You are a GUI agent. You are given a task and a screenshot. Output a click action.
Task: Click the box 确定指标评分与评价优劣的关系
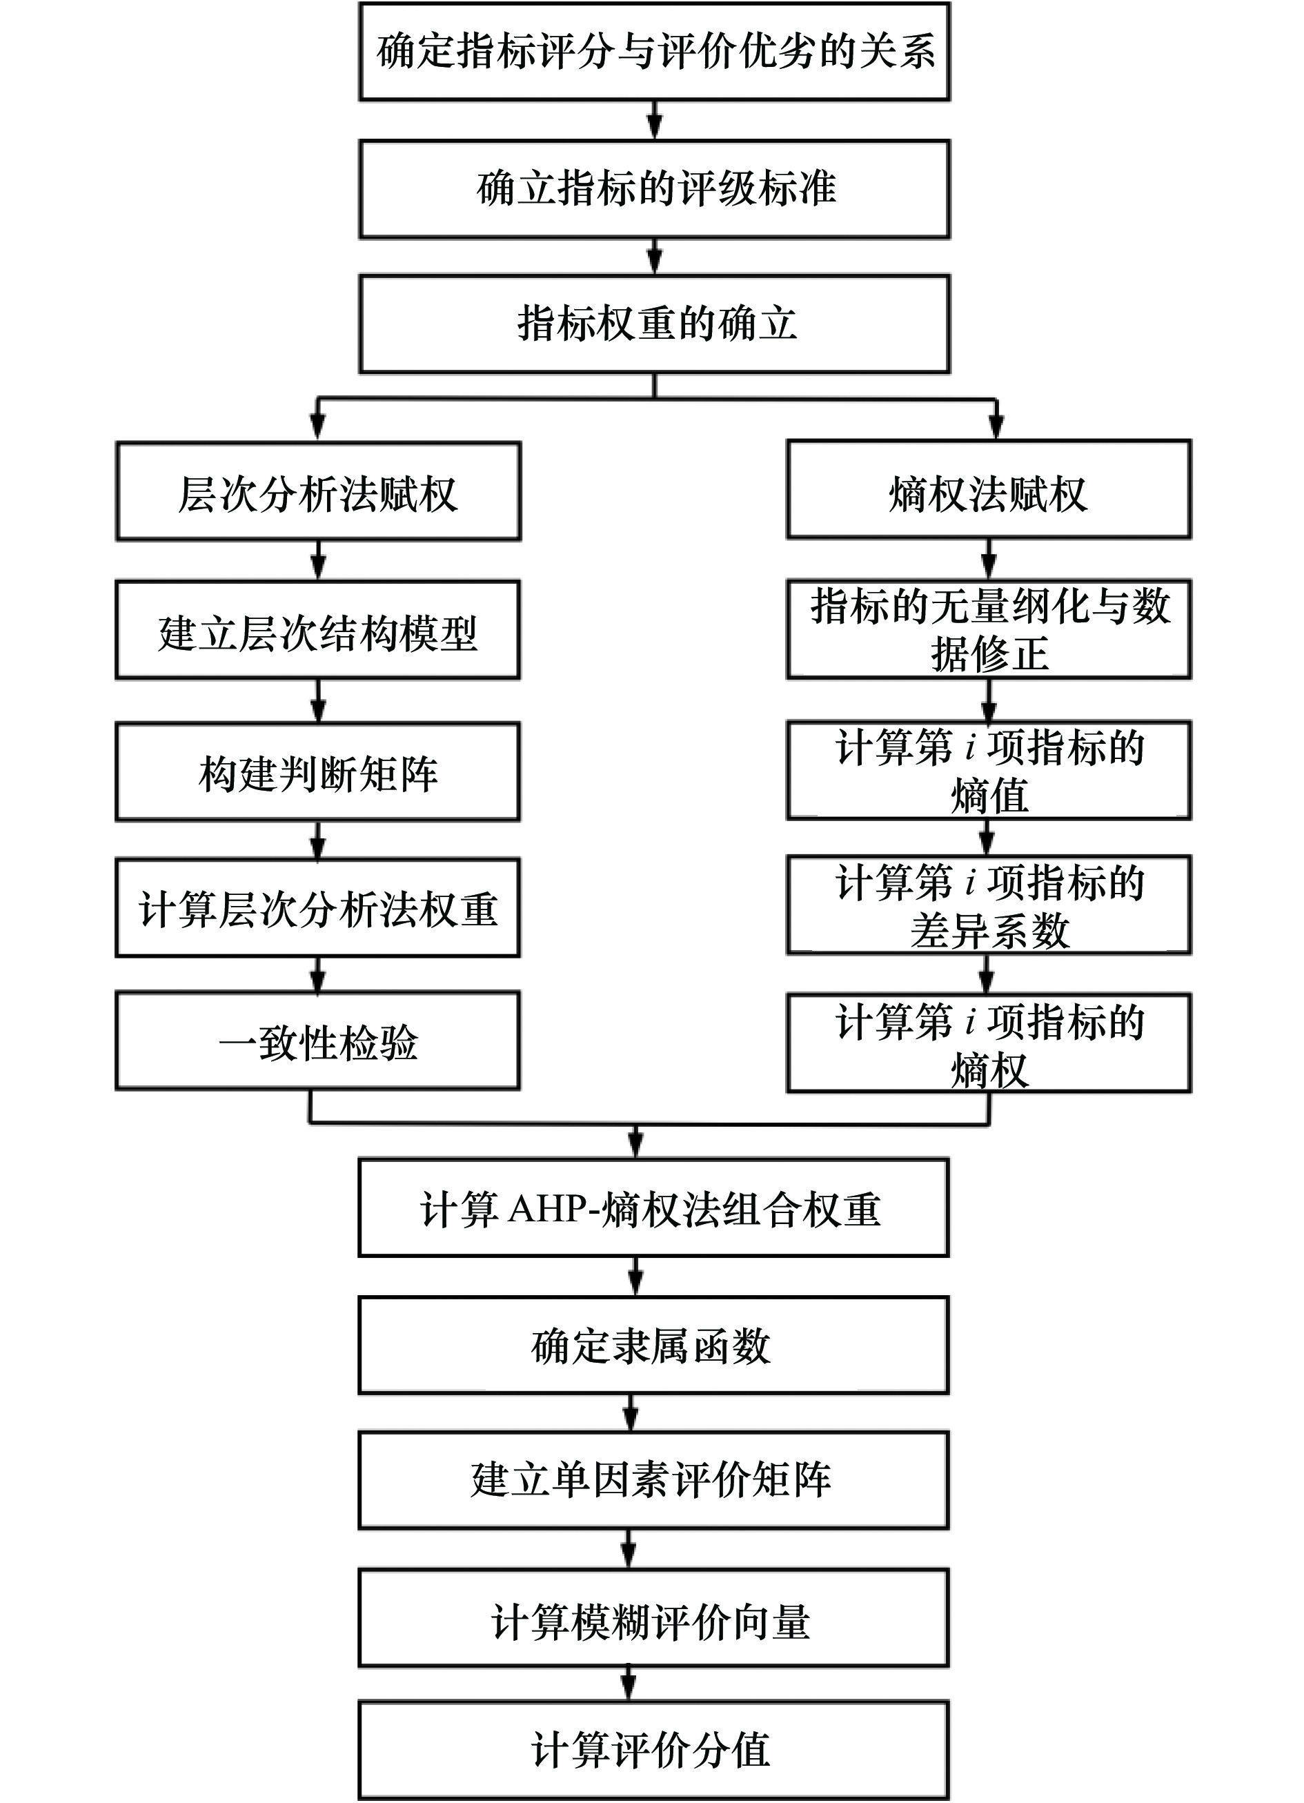[654, 52]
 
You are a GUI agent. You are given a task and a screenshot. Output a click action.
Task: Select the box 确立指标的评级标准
[654, 189]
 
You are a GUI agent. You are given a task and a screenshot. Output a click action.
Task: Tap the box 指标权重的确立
[654, 324]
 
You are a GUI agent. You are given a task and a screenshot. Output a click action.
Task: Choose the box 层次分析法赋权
[318, 492]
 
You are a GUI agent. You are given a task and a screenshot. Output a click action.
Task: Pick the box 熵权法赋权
[988, 490]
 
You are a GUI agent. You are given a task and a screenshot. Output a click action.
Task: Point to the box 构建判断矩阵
[318, 772]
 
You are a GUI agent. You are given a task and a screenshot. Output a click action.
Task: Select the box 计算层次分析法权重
[318, 908]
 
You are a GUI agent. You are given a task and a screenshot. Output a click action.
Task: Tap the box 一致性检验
[318, 1041]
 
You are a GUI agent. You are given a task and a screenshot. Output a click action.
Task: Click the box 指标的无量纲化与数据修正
[988, 629]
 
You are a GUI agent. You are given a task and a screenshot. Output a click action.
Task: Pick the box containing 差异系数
[988, 905]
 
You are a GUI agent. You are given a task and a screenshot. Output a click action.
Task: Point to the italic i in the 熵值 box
[970, 748]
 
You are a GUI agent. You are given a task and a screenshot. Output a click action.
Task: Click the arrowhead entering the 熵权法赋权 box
[995, 428]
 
